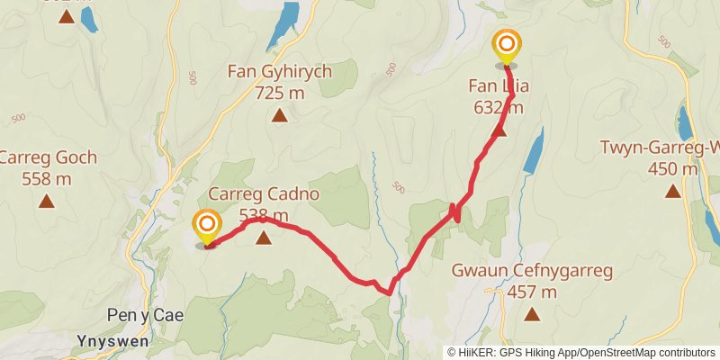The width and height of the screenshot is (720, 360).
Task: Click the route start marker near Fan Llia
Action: point(507,45)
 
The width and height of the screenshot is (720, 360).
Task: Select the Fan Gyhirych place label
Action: point(280,71)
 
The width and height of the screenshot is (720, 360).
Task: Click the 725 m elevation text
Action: point(280,92)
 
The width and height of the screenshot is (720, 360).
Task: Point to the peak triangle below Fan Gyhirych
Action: point(280,114)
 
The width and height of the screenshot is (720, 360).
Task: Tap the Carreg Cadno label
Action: point(264,193)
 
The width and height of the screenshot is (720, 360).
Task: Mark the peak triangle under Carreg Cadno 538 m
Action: point(263,238)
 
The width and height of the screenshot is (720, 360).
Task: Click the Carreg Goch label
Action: point(48,157)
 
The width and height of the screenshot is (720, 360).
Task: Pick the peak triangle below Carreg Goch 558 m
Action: point(46,202)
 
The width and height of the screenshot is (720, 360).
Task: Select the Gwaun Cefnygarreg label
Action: point(532,270)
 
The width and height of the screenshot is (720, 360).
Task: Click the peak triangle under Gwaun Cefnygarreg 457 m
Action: point(532,314)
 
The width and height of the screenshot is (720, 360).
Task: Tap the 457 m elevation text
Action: point(532,292)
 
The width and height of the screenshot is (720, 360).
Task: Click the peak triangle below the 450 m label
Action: point(672,190)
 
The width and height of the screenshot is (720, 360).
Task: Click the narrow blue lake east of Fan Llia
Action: point(534,149)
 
